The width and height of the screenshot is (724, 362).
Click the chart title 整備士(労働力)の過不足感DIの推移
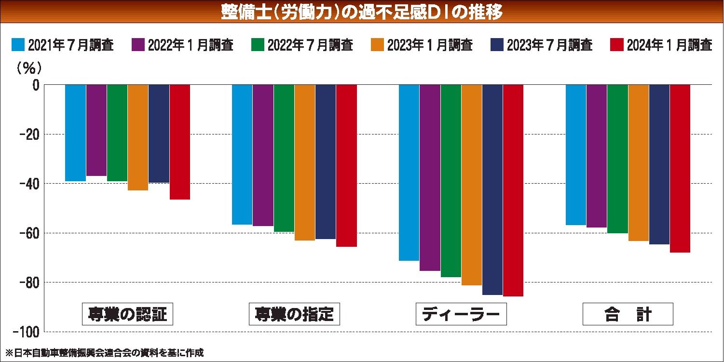(362, 12)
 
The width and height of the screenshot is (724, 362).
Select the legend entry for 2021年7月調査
(63, 45)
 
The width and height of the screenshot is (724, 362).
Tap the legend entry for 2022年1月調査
(182, 45)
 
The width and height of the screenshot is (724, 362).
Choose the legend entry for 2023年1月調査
(422, 45)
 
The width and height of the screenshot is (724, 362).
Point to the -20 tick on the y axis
(30, 134)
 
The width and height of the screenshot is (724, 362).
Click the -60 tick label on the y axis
(30, 233)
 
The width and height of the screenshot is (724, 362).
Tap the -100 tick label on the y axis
(27, 332)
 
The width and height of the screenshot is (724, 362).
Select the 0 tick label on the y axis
(35, 85)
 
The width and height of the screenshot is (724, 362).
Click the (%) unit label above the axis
(30, 68)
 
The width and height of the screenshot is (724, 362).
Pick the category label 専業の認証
(127, 314)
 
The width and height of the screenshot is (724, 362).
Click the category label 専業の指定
(294, 314)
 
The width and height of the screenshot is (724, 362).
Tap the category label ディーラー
(461, 314)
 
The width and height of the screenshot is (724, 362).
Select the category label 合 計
(628, 314)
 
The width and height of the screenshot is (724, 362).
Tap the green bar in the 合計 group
(617, 159)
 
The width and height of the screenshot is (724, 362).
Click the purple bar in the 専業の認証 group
(96, 130)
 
